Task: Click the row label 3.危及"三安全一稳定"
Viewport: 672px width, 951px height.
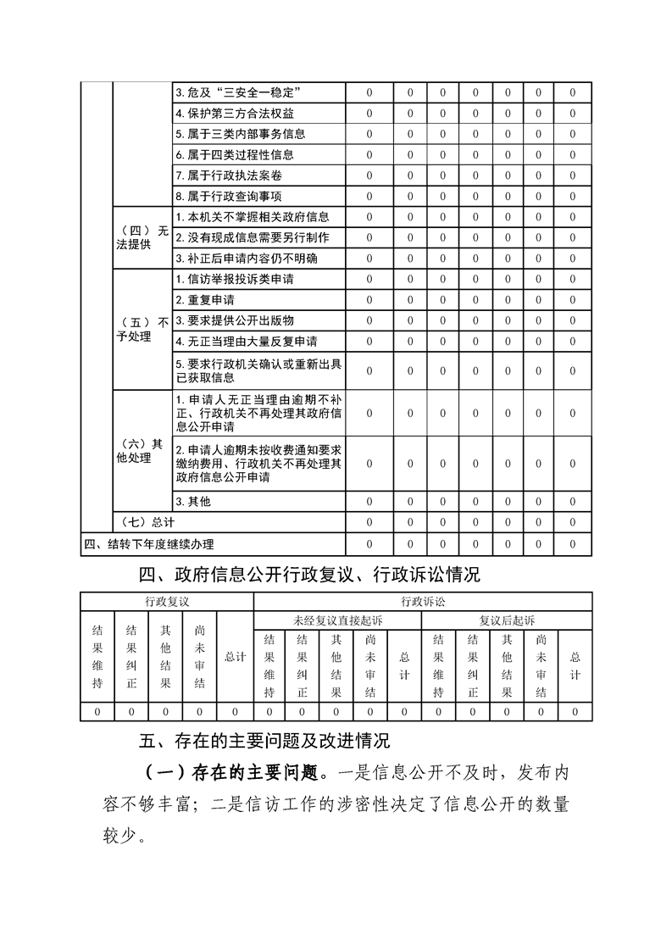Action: [240, 92]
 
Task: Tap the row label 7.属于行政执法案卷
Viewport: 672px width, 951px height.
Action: [230, 175]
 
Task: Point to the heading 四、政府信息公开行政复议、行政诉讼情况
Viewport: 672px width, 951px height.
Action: [310, 576]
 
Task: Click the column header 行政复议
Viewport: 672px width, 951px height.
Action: [167, 601]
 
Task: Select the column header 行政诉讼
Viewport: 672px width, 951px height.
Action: [422, 601]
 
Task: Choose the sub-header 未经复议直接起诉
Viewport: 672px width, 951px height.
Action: [337, 620]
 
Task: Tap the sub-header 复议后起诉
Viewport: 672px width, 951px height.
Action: [507, 620]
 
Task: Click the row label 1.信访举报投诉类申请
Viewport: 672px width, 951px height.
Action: [235, 279]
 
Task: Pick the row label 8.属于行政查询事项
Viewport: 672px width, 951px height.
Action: [230, 196]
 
